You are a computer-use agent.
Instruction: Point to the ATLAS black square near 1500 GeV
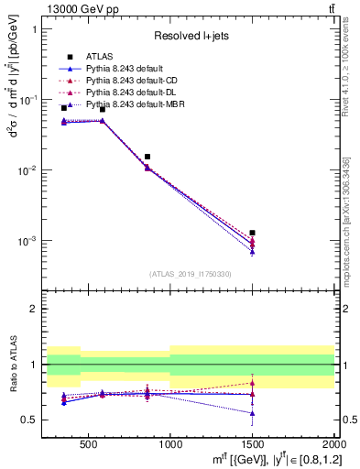pyautogui.click(x=252, y=233)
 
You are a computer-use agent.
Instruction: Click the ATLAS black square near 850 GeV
pyautogui.click(x=147, y=157)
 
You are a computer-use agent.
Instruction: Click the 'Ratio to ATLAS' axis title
pyautogui.click(x=13, y=365)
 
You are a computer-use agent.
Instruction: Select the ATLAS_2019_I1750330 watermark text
pyautogui.click(x=191, y=274)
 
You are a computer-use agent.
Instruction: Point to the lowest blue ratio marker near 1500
pyautogui.click(x=252, y=413)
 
